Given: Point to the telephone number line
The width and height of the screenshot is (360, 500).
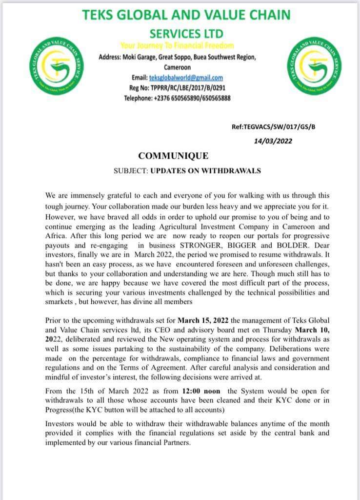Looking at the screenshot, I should point(178,98).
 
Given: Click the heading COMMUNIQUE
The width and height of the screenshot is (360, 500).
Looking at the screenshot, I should point(173,156).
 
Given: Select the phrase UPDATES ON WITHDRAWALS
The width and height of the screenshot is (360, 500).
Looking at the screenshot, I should point(205,171).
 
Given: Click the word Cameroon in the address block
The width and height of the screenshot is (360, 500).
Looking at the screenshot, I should point(178,67).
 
